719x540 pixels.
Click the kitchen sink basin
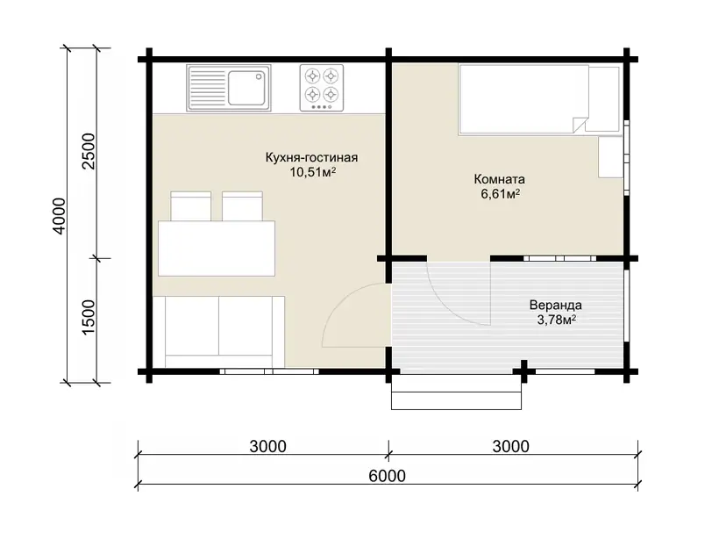coord(246,87)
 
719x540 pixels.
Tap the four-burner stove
coord(322,88)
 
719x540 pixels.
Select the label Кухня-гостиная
coord(311,157)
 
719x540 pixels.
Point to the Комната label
coord(500,179)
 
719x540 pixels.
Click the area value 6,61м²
coord(500,194)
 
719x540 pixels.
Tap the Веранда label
coord(555,305)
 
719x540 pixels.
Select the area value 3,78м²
coord(556,320)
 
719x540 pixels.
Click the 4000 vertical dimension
coord(61,216)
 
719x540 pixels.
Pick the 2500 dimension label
coord(88,151)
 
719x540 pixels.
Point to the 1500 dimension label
coord(88,317)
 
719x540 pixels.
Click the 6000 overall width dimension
coord(387,476)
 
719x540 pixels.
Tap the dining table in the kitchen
coord(217,248)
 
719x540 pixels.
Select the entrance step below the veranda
coord(456,392)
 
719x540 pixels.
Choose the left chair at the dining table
coord(191,206)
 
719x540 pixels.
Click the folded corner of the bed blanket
coord(580,125)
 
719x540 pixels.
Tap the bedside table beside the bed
coord(610,157)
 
